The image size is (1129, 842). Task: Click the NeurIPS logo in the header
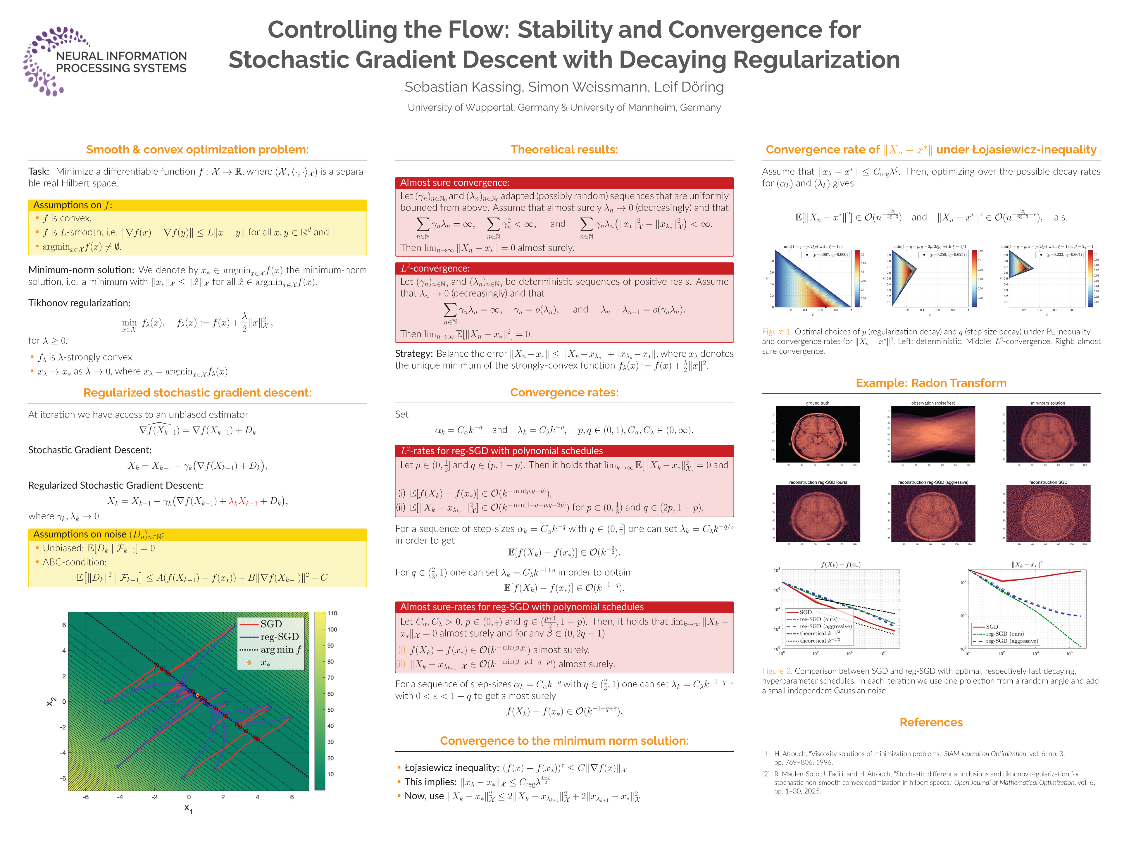point(104,61)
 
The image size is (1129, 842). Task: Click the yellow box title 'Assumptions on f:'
point(73,205)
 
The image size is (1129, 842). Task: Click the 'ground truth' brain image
point(818,434)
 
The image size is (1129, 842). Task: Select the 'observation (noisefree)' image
point(933,434)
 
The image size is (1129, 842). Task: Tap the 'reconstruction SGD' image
point(1048,513)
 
